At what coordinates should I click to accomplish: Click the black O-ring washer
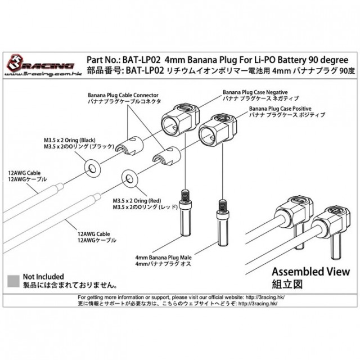(91, 167)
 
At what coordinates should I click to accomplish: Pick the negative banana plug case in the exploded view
(181, 117)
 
